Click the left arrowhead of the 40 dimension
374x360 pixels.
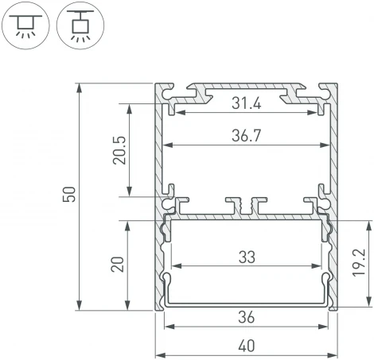pos(159,354)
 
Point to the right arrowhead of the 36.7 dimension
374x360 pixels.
pos(326,145)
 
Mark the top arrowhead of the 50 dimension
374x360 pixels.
pos(80,87)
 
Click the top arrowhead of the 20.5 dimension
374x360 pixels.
pos(126,106)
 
